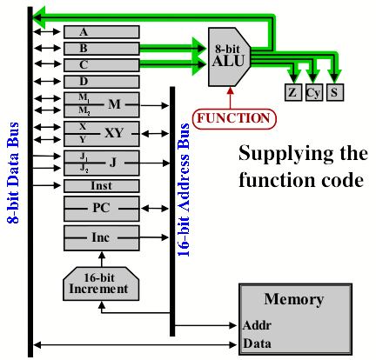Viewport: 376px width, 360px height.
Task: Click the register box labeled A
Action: (102, 32)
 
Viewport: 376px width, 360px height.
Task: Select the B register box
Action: (102, 49)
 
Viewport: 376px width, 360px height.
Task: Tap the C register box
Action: (102, 65)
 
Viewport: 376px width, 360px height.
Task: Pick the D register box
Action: (102, 82)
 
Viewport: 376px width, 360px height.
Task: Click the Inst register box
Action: (102, 186)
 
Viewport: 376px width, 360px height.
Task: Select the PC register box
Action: (102, 209)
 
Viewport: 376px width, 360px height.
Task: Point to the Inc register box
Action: (102, 238)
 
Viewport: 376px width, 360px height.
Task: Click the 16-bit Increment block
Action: (101, 283)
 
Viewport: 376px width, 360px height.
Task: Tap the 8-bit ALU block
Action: (229, 57)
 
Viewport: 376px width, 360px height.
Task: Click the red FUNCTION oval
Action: (234, 119)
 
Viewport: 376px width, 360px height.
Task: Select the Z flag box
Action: (293, 92)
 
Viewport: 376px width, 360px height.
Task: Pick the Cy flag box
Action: (314, 92)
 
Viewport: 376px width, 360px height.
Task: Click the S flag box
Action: (335, 92)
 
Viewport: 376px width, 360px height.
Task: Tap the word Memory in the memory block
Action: (294, 299)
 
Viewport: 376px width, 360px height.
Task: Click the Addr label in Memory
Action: (257, 325)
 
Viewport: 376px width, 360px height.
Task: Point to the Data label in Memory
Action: (257, 343)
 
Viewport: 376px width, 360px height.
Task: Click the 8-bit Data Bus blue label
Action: (13, 173)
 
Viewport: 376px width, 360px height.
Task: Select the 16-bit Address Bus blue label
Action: (184, 190)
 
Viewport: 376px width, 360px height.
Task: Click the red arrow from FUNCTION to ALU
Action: (230, 98)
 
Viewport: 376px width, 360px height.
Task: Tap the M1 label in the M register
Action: (84, 97)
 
